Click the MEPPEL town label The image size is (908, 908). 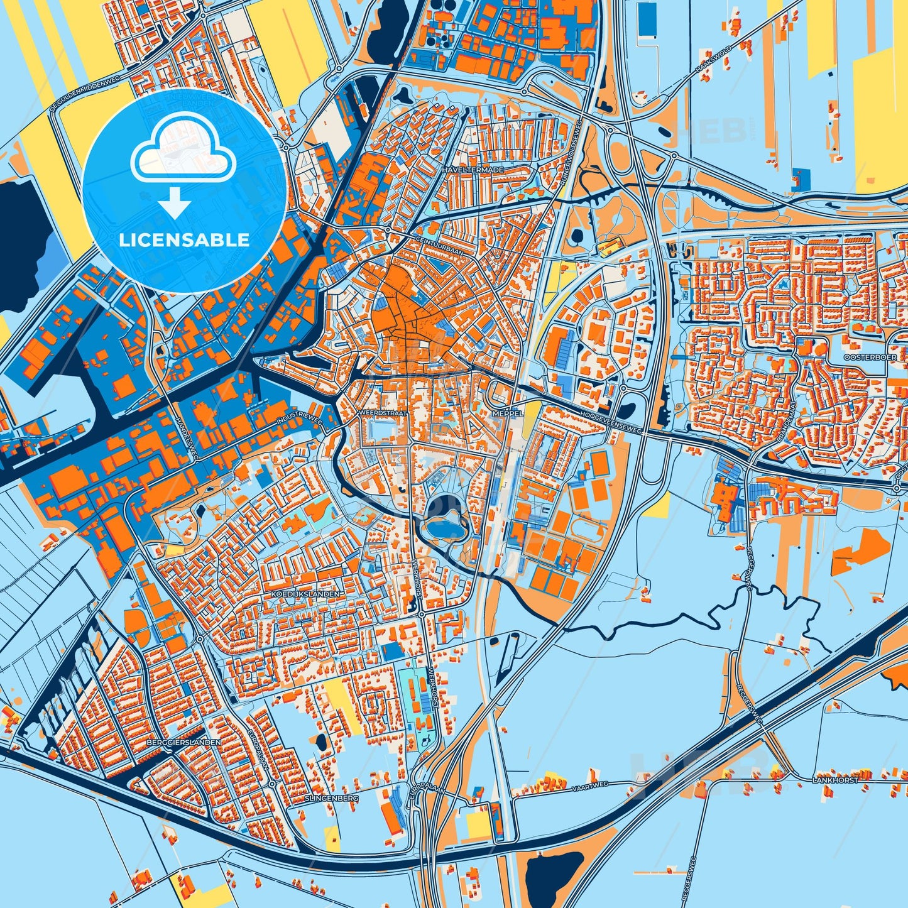click(508, 414)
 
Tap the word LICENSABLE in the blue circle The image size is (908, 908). click(184, 240)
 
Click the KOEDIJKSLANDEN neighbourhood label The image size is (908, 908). click(304, 593)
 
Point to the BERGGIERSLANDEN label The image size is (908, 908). click(183, 742)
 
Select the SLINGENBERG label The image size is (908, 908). click(331, 797)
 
